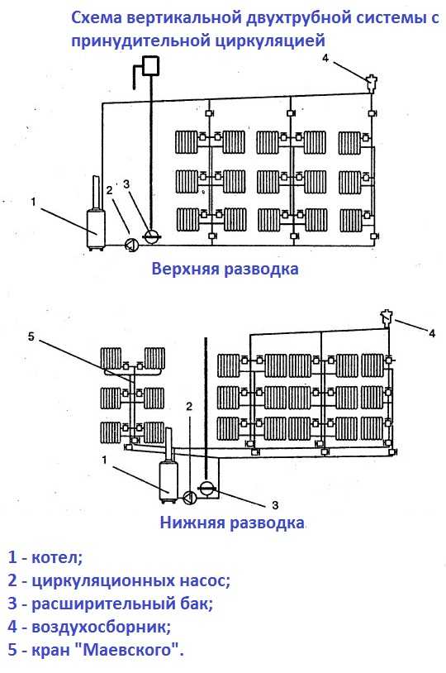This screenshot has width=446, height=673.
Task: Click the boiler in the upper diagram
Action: [x=96, y=228]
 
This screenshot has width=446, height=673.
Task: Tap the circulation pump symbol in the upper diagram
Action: [x=131, y=244]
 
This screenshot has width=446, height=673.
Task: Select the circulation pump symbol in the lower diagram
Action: [x=190, y=498]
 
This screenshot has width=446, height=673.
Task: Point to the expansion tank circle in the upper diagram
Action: [x=151, y=236]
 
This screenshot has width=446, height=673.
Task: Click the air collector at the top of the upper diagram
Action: [x=372, y=84]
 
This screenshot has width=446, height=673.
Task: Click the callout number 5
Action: [x=31, y=336]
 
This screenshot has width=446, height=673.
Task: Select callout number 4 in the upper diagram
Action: [x=325, y=58]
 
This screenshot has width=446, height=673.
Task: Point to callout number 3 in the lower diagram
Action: [x=275, y=505]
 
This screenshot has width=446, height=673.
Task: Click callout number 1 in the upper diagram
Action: [x=34, y=201]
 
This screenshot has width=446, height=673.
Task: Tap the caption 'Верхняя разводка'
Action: [x=225, y=269]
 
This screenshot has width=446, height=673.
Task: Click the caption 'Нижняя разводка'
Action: [x=232, y=523]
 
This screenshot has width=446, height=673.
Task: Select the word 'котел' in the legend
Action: [x=57, y=557]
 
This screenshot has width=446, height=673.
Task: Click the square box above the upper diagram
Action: [x=151, y=66]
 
